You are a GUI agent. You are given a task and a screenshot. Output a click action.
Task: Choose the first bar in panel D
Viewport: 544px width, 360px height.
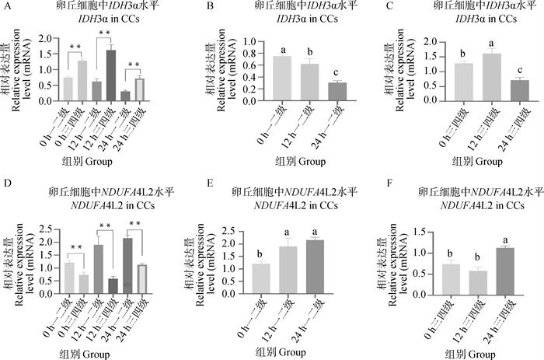(x=68, y=276)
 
